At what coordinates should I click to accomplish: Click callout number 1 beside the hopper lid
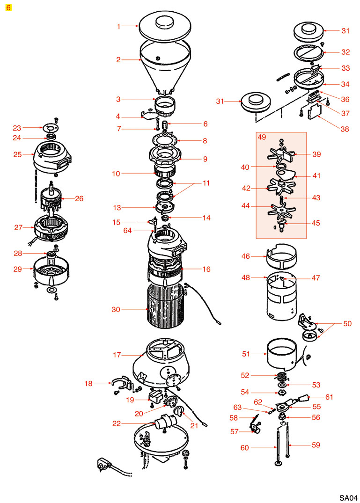(x=118, y=27)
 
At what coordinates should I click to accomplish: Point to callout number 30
(x=116, y=309)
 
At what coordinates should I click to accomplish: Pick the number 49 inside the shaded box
(x=262, y=137)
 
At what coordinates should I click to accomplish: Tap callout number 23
(x=17, y=128)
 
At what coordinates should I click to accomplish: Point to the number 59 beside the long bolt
(x=316, y=445)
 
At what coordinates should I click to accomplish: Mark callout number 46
(x=258, y=256)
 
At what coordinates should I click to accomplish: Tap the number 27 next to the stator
(x=18, y=228)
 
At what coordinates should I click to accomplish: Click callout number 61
(x=329, y=397)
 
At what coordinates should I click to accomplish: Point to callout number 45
(x=316, y=223)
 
